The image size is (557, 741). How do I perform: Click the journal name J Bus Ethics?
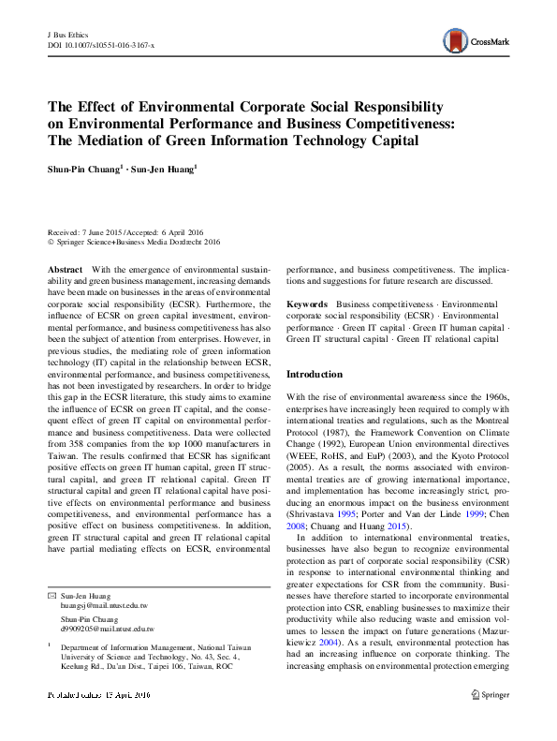(66, 33)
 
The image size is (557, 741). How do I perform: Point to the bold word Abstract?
(65, 269)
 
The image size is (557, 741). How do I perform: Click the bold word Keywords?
(307, 304)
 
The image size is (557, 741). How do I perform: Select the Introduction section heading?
(315, 374)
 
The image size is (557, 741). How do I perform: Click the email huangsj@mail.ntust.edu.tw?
(101, 605)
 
